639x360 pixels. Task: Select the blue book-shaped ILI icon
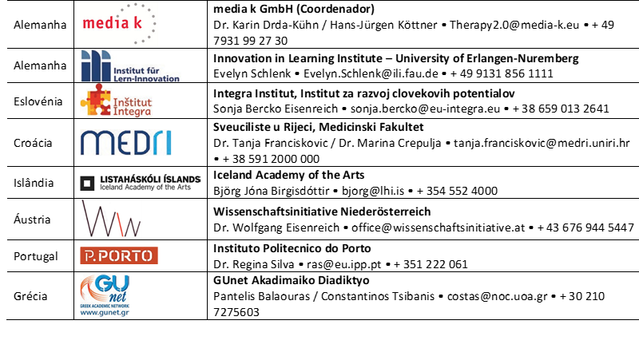click(96, 65)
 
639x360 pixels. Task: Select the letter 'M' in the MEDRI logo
click(94, 143)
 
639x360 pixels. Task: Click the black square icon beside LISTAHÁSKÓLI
click(87, 183)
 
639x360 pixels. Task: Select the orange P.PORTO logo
click(119, 255)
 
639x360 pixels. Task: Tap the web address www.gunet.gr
click(105, 313)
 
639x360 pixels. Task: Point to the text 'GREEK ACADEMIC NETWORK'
click(105, 305)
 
